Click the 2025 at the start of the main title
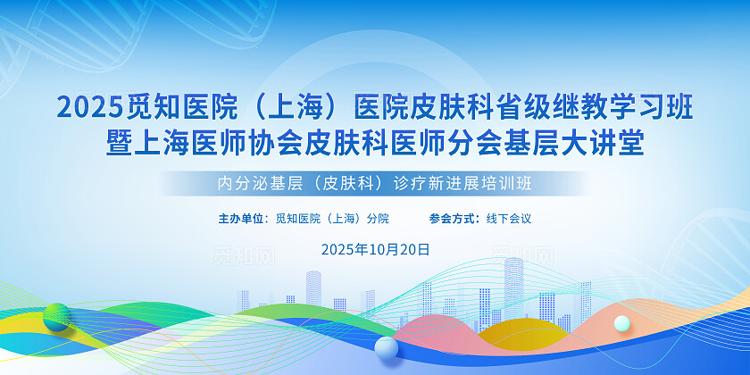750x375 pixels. click(x=85, y=108)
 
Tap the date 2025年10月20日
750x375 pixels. click(x=375, y=249)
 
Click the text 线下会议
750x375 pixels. click(x=509, y=218)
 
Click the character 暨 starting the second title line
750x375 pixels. click(x=119, y=143)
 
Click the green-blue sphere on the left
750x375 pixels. click(x=56, y=316)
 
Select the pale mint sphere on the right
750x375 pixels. click(x=622, y=323)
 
